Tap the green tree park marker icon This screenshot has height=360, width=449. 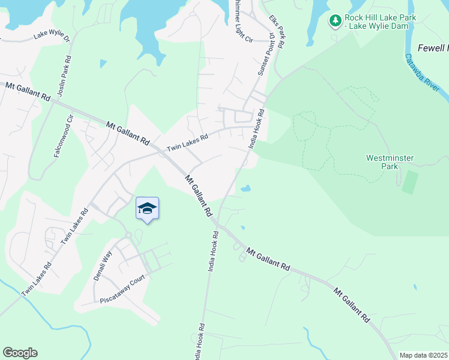(x=335, y=21)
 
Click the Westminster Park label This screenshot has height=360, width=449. (x=390, y=162)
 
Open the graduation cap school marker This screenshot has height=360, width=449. (x=147, y=208)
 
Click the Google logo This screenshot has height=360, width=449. (x=20, y=352)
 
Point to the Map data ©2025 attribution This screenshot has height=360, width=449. (x=423, y=355)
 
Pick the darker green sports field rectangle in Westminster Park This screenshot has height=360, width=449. (x=409, y=182)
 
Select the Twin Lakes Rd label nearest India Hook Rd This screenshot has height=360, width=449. (x=187, y=142)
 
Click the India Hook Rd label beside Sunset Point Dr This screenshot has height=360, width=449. (x=256, y=128)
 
